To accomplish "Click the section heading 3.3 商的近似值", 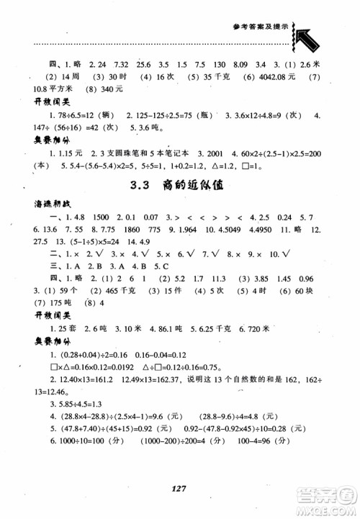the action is point(179,184).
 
